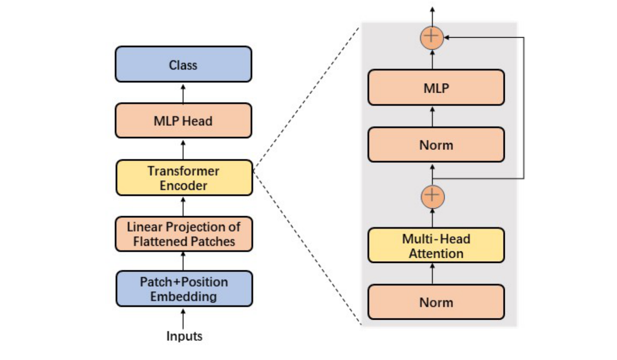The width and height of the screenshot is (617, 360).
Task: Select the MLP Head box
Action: (x=183, y=120)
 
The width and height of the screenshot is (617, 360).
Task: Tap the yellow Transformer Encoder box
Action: (x=183, y=178)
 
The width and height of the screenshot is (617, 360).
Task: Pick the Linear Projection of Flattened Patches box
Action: (x=183, y=234)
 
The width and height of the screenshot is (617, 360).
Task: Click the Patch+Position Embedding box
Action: (x=183, y=289)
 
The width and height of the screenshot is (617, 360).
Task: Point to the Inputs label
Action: (x=184, y=336)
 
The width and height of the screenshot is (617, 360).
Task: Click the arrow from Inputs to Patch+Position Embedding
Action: (x=183, y=318)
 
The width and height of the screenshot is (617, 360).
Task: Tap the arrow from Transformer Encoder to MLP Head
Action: (x=183, y=149)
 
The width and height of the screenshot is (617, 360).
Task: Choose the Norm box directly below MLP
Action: (x=436, y=144)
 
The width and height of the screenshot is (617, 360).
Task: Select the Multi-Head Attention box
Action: (x=436, y=245)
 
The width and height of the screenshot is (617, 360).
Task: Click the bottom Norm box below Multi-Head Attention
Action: (x=436, y=302)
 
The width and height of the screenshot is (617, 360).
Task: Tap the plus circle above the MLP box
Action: (x=432, y=37)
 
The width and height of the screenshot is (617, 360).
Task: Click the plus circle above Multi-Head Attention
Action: (x=432, y=196)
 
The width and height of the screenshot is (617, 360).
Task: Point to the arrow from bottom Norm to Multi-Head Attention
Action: (x=432, y=273)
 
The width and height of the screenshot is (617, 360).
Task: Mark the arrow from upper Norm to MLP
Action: (x=432, y=116)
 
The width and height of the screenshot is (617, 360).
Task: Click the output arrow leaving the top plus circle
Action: (x=432, y=15)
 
